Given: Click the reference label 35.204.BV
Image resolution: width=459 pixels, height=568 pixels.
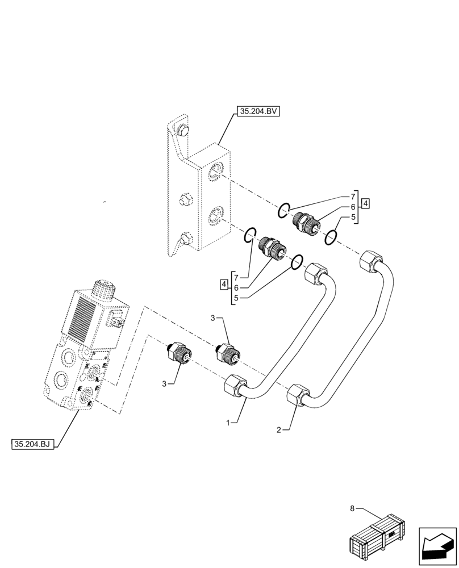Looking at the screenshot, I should click(258, 112).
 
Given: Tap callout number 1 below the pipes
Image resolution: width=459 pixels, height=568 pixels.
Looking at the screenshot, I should click(228, 423).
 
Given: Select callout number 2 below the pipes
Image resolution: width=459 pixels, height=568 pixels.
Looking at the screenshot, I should click(279, 430).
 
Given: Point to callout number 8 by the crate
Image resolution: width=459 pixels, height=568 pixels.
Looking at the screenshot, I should click(353, 508).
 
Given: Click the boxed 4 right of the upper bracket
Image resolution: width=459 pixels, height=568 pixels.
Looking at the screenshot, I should click(366, 203).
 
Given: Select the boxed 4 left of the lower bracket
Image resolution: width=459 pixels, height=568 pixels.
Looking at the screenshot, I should click(226, 283).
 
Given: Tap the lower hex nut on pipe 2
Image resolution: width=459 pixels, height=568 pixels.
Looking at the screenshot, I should click(298, 395).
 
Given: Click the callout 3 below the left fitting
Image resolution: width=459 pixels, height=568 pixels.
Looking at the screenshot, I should click(164, 384).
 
